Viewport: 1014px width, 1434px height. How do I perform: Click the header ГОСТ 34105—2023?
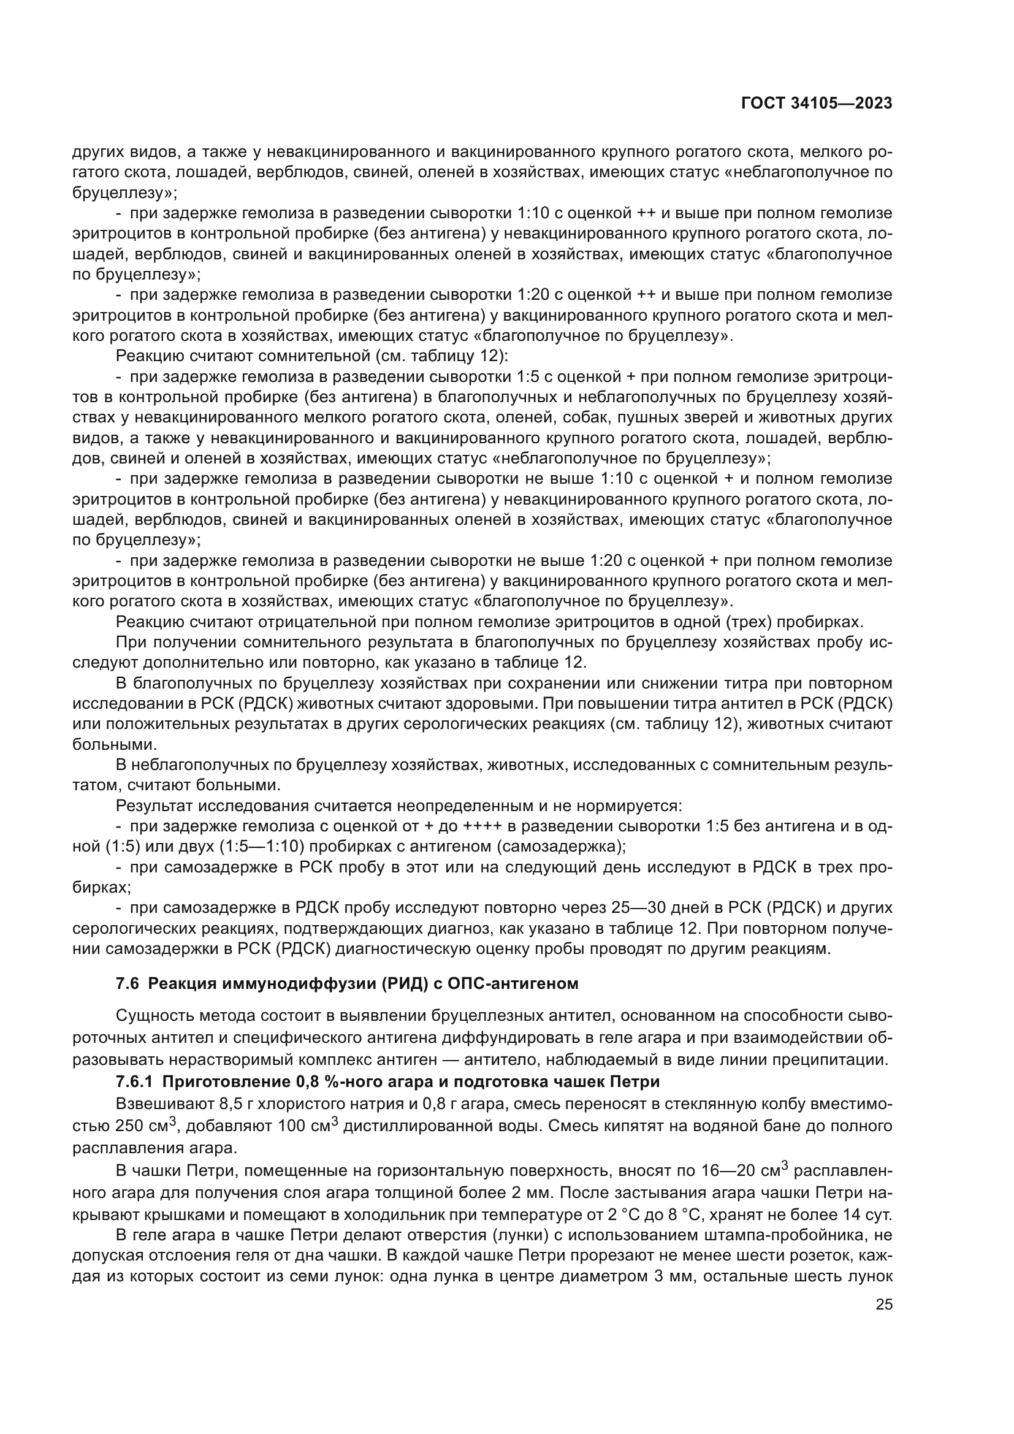[816, 104]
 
